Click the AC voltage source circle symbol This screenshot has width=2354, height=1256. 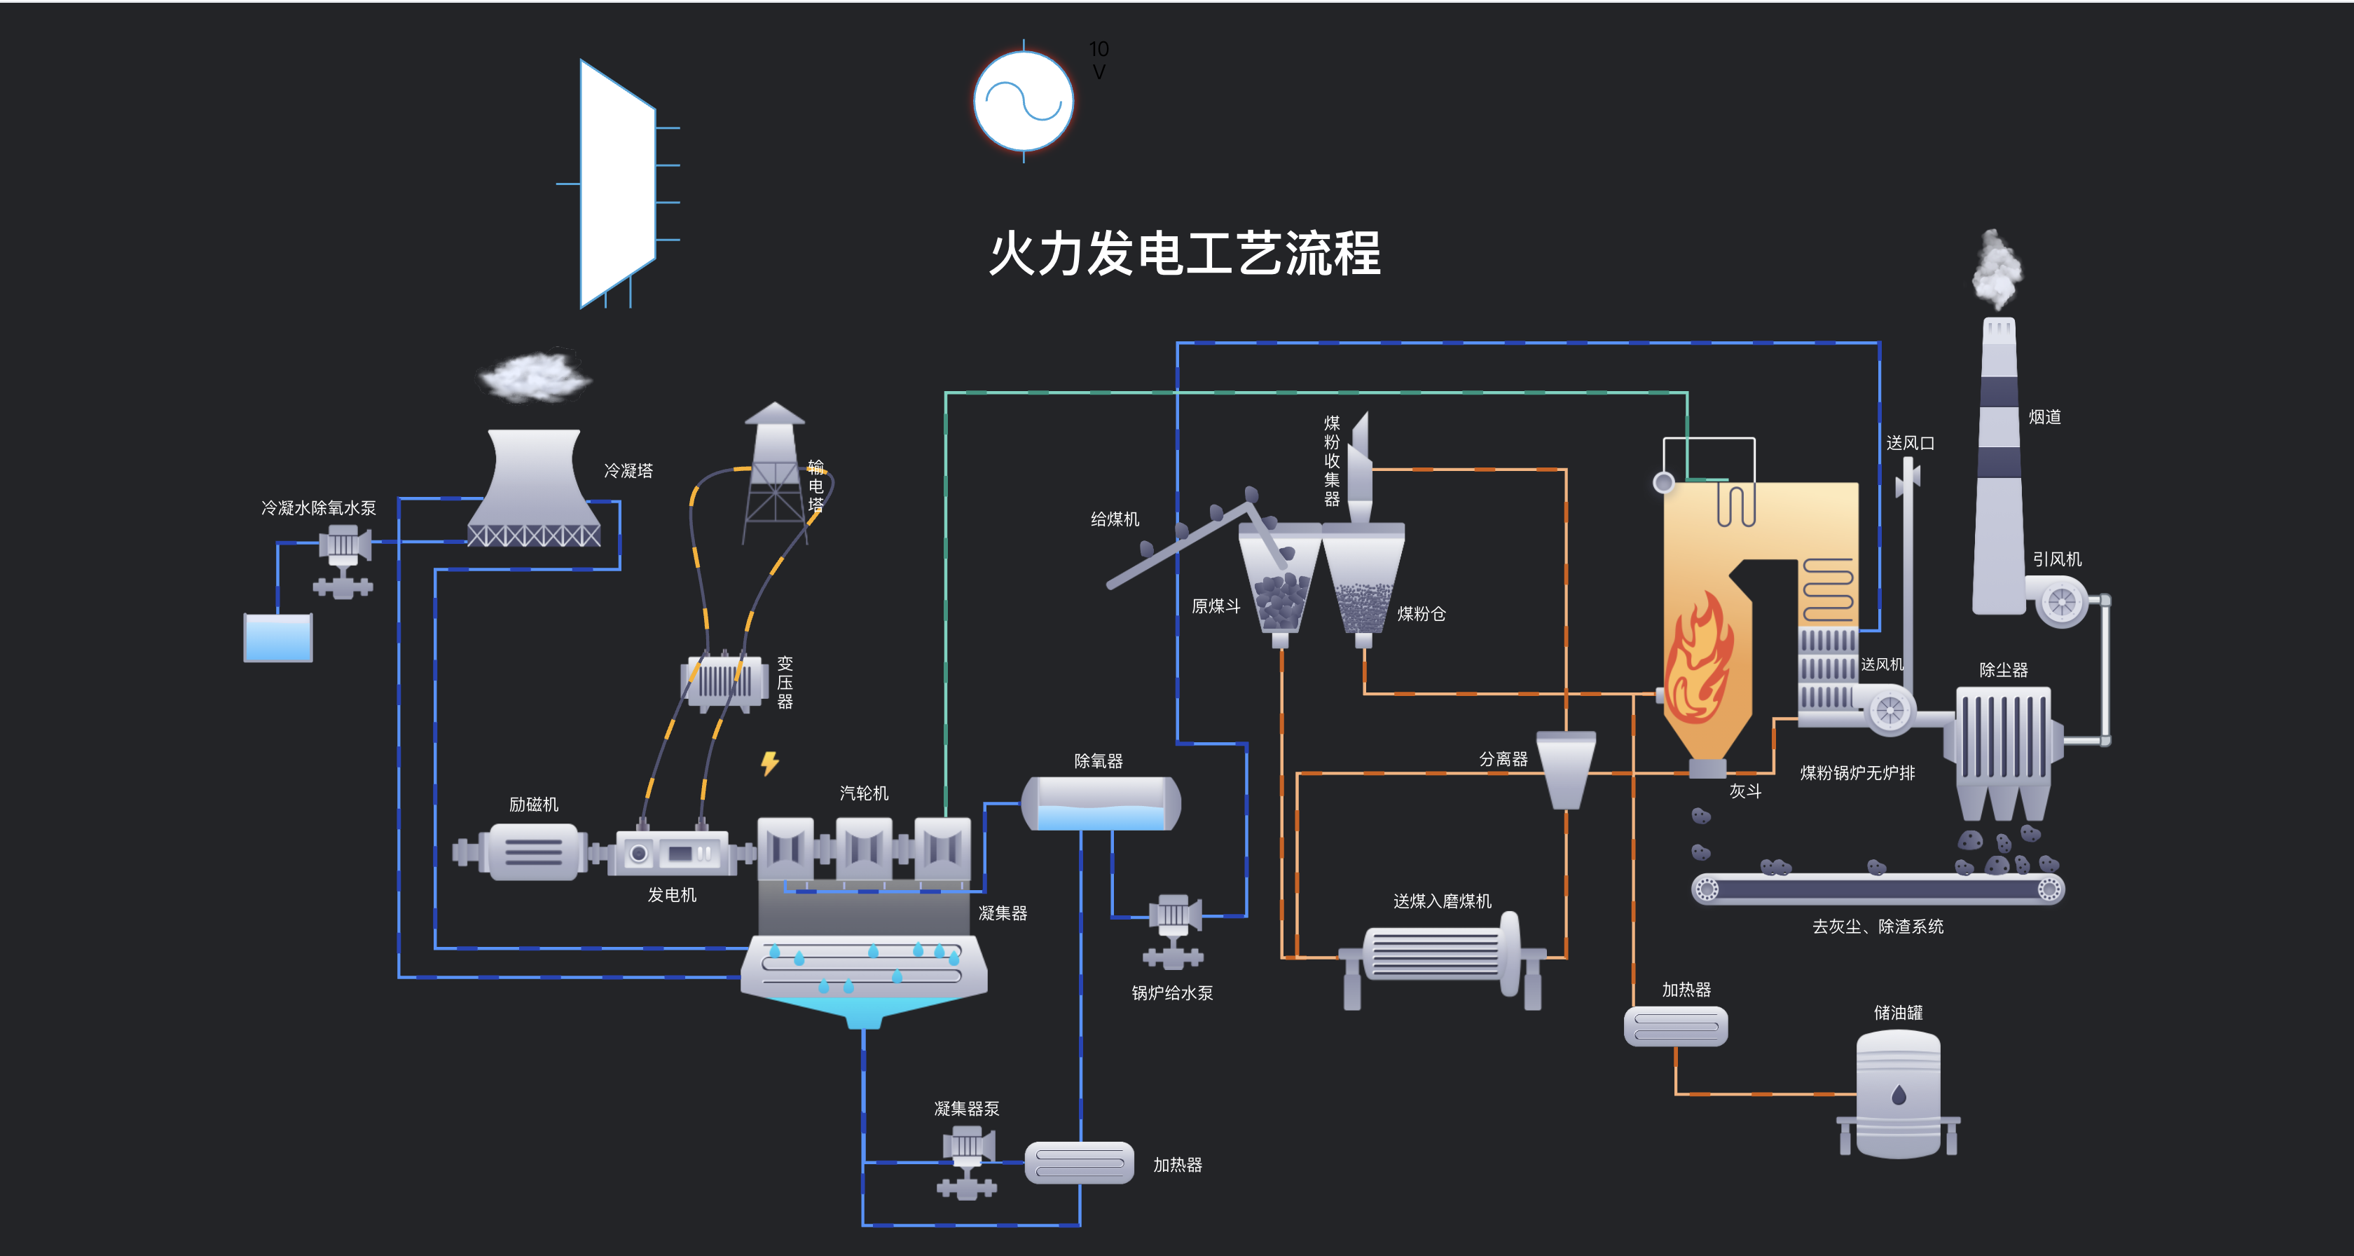pos(1023,100)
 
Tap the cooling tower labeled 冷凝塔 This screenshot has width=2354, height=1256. pos(535,489)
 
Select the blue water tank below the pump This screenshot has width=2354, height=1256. pos(278,637)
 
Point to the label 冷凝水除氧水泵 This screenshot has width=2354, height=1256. pos(318,507)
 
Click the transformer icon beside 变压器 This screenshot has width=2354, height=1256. pos(724,682)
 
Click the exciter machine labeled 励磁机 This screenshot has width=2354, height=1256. pos(534,852)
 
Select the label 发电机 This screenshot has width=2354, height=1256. pos(672,895)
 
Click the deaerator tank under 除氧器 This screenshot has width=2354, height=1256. pos(1100,803)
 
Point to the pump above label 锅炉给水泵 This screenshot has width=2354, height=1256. pos(1173,929)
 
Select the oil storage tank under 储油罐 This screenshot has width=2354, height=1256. pos(1898,1093)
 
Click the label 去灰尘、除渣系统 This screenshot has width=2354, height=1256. pos(1878,927)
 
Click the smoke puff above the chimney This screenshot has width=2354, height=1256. pos(1997,270)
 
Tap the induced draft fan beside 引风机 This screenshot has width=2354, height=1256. pos(2062,602)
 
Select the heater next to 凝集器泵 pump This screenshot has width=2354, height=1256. pos(1079,1163)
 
